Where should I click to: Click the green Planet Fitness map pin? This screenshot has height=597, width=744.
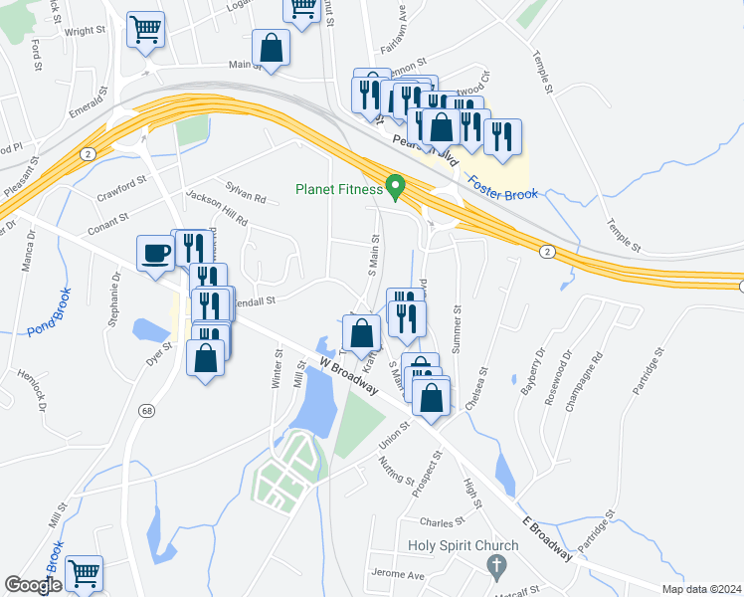click(395, 186)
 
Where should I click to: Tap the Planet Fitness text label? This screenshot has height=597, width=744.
click(338, 189)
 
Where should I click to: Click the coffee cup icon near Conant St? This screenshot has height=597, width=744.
click(156, 254)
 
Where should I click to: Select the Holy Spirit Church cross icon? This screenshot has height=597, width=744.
click(496, 566)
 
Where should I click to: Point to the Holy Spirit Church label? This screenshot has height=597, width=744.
click(464, 545)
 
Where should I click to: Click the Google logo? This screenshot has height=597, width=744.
click(33, 585)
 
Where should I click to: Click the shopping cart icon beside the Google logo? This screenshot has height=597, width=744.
click(84, 573)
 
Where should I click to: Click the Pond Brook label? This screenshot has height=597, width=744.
click(49, 311)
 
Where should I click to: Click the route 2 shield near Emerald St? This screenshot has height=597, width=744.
click(89, 152)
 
